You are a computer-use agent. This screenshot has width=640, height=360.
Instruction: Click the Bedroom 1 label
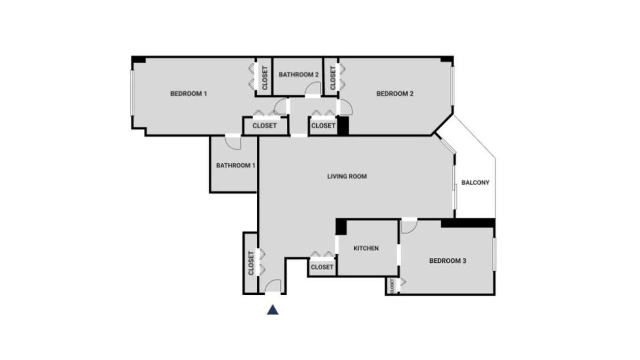point(188,93)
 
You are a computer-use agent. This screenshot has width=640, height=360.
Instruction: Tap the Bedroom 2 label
point(395,93)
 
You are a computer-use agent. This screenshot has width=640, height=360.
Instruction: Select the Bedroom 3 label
point(448,261)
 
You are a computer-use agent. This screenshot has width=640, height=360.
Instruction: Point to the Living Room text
point(347,176)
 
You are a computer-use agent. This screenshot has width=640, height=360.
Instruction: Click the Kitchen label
point(366,248)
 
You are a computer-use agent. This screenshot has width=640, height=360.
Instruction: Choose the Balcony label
point(475,183)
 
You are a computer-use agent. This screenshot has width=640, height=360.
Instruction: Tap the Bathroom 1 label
point(235,165)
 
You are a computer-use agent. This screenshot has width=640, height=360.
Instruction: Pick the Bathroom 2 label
point(299,75)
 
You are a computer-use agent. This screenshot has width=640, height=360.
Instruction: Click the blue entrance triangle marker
point(272,310)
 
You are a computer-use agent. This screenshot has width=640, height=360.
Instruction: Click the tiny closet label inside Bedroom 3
point(392,286)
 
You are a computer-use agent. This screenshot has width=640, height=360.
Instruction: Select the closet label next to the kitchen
point(322,267)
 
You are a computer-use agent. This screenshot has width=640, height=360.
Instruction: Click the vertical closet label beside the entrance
point(251,263)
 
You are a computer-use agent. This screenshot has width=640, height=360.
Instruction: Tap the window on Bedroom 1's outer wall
point(132,93)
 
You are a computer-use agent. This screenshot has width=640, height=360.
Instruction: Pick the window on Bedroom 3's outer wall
point(494,254)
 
